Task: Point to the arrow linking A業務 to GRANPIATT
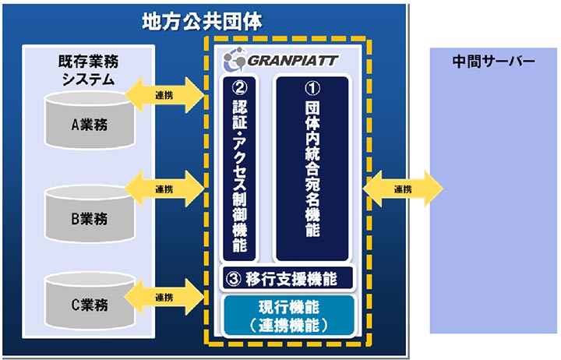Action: point(164,96)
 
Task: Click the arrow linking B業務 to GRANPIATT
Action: point(164,189)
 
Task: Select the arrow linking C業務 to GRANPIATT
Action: point(164,297)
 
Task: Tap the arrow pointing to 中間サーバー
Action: point(402,189)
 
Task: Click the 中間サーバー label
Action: point(493,62)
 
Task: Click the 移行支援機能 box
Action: point(288,277)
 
